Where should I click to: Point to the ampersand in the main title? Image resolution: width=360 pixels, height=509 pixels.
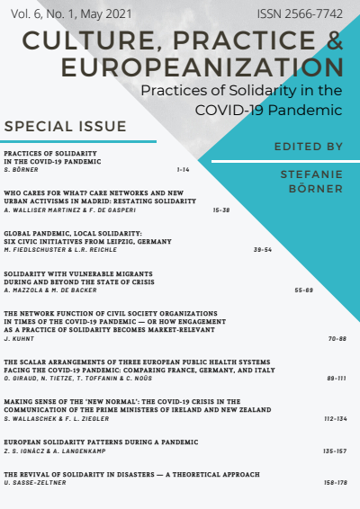click(x=331, y=41)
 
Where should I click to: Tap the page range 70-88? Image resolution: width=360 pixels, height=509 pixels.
click(x=337, y=341)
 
